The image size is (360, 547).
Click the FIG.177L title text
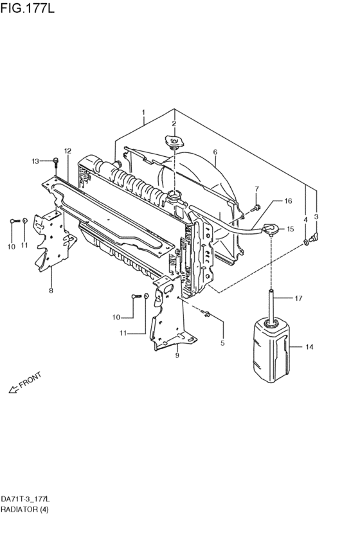click(27, 8)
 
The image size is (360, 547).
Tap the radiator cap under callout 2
click(174, 143)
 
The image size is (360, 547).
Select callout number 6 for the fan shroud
click(215, 152)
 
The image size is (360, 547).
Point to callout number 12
click(67, 150)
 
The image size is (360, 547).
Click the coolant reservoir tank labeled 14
click(271, 350)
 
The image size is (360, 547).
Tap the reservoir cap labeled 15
click(271, 229)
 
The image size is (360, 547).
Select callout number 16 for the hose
click(288, 201)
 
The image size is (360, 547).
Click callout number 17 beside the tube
click(298, 298)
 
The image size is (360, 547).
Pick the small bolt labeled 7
click(256, 208)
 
